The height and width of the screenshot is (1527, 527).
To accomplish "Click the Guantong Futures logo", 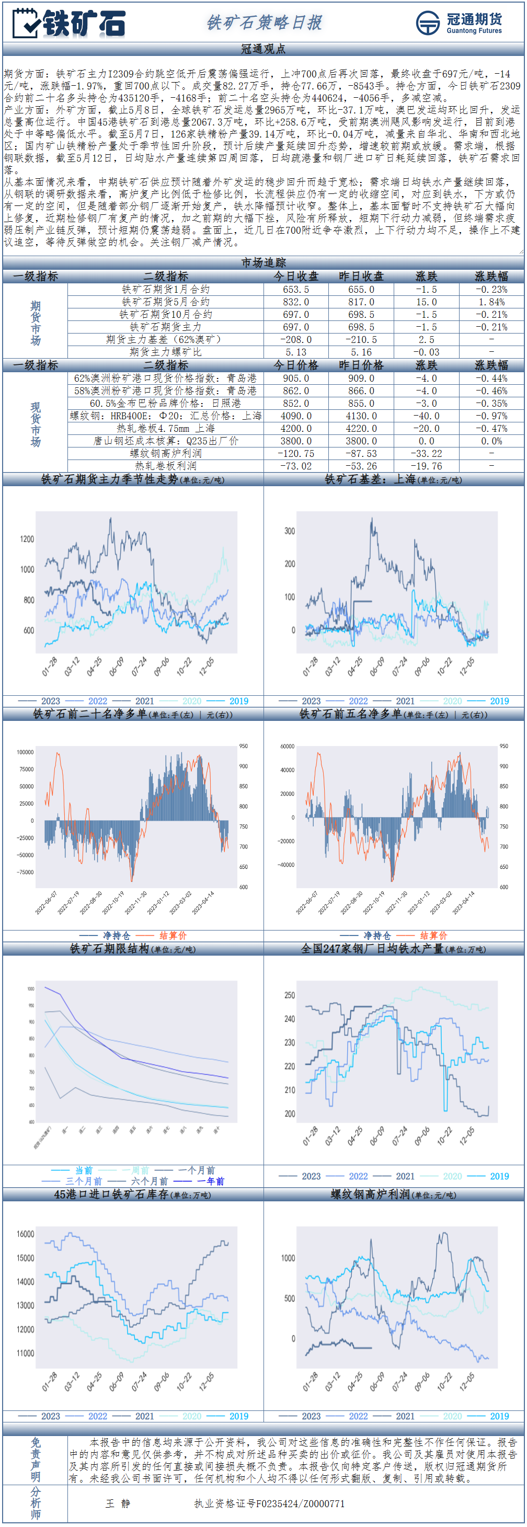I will coord(458,22).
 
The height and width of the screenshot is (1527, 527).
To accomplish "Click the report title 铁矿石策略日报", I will coord(264,22).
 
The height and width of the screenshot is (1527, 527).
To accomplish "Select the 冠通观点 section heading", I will coord(263,49).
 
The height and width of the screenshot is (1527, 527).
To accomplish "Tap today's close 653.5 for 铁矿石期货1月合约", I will coord(295,289).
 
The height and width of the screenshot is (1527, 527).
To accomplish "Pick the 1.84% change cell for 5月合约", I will coord(491,302).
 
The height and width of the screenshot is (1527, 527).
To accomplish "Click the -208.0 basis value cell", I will coord(295,340).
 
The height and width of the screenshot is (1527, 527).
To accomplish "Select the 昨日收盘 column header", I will coord(361,276).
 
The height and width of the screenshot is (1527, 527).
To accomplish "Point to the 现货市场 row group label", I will coord(36,424).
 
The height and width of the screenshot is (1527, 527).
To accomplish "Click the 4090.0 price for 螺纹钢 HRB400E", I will coord(295,416).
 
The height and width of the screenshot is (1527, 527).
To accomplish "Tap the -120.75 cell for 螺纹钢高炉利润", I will coord(295,453).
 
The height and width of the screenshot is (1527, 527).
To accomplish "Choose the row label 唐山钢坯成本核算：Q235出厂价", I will coord(165,441).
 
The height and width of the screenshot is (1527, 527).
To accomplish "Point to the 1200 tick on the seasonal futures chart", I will coord(27,539).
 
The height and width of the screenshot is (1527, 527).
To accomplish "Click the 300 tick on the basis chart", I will coord(289,531).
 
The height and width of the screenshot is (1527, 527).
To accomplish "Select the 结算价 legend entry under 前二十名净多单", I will coord(173,935).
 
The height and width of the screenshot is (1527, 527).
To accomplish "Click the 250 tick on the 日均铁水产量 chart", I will coord(289,995).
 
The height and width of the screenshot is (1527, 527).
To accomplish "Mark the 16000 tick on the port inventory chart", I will coord(26,1234).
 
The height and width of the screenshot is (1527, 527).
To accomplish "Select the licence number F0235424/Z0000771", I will coord(269,1503).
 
